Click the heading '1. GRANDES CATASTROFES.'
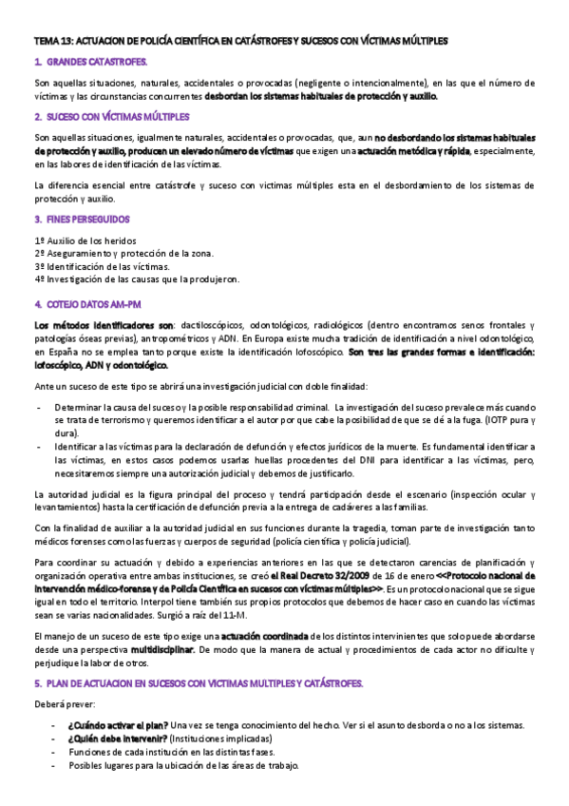click(90, 62)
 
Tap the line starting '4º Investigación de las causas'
click(137, 279)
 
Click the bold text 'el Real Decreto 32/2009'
click(328, 576)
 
